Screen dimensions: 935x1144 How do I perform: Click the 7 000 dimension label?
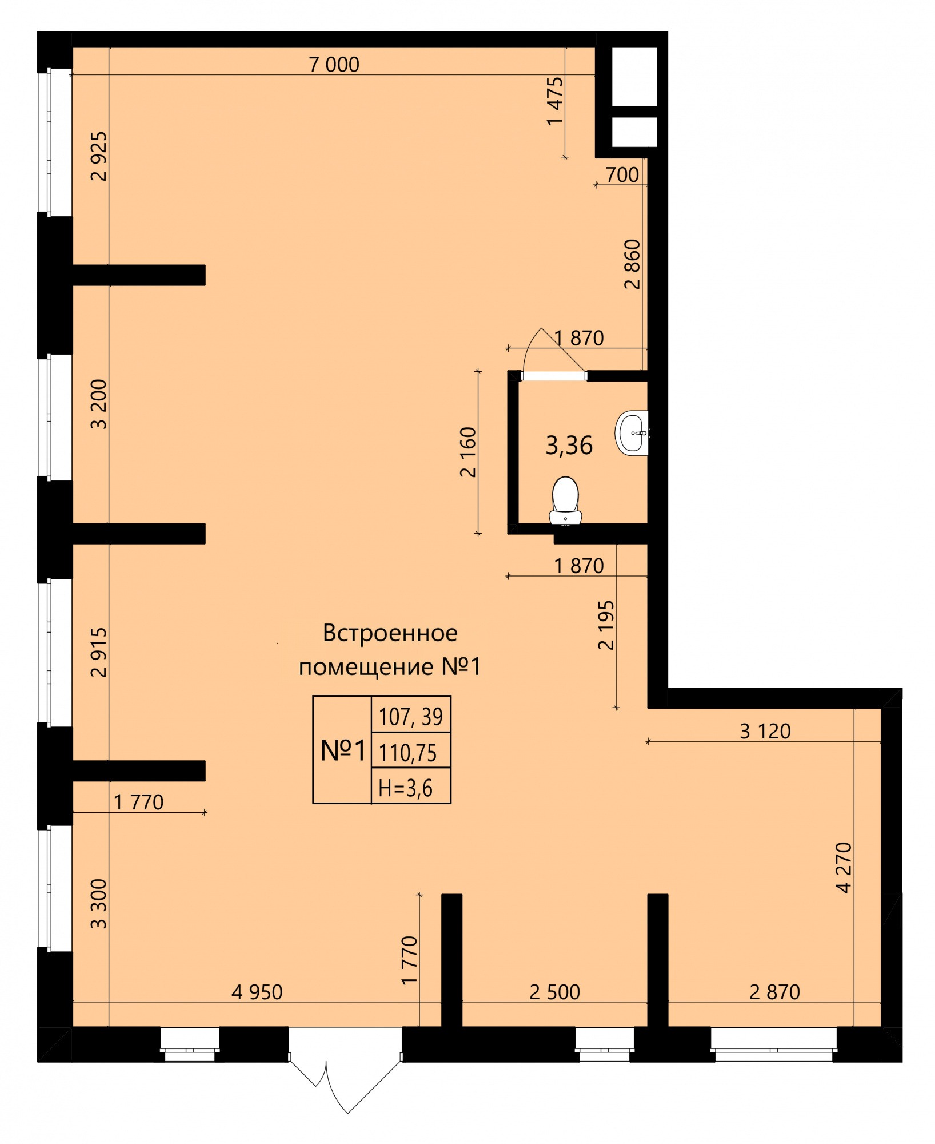pos(334,65)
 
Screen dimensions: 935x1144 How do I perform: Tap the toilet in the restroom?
pos(565,500)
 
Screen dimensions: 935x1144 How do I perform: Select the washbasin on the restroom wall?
pos(632,433)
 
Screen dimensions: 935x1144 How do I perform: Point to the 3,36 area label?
pos(569,446)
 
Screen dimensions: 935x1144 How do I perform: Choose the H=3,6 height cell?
pos(405,788)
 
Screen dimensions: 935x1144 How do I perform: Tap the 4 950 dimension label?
pos(257,992)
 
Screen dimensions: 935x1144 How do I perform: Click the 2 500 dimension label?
pos(554,992)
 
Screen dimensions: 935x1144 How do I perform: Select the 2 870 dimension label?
pos(774,992)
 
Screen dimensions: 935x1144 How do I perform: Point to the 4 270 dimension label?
pos(844,867)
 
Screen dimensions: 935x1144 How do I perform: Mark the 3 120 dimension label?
pos(765,732)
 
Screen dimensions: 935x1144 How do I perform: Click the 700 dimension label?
pos(622,175)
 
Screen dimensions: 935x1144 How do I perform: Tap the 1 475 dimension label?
pos(554,101)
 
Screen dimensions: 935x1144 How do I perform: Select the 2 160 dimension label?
pos(467,452)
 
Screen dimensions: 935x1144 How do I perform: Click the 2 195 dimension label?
pos(606,625)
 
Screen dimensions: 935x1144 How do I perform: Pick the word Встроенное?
pos(390,633)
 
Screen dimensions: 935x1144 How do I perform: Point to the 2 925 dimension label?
pos(99,156)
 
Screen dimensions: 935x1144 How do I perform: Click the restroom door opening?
pos(554,376)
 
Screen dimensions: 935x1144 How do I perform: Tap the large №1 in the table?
pos(343,750)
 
